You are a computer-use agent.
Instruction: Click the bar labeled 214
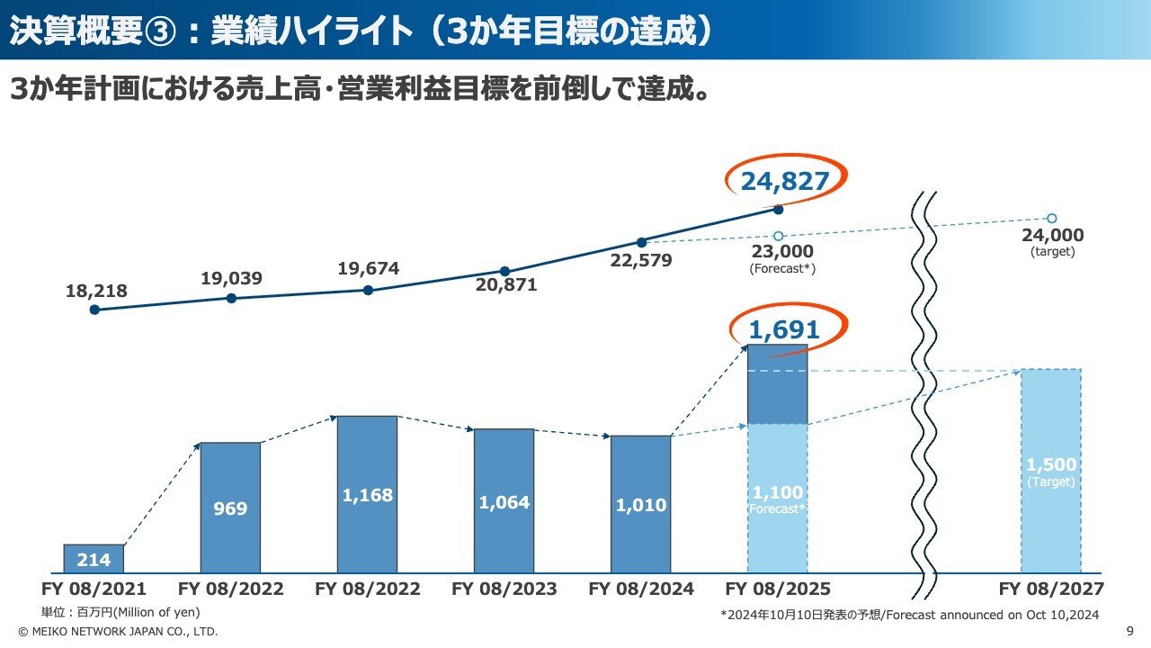click(x=94, y=559)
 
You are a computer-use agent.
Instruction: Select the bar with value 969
click(x=230, y=508)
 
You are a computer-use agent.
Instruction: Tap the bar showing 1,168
click(x=367, y=494)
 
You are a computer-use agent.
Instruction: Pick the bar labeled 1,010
click(x=640, y=504)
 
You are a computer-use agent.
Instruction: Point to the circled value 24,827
click(x=784, y=182)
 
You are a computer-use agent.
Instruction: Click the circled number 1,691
click(x=784, y=330)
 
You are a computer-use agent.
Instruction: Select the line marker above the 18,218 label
click(x=94, y=310)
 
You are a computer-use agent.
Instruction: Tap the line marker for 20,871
click(x=504, y=271)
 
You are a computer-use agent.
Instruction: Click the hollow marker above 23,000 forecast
click(x=778, y=236)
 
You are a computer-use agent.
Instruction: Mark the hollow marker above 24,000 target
click(x=1051, y=219)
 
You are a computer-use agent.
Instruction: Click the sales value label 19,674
click(x=369, y=268)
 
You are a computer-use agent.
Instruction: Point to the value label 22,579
click(x=641, y=261)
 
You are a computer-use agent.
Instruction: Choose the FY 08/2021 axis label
click(x=94, y=589)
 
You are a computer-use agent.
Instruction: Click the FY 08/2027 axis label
click(x=1051, y=589)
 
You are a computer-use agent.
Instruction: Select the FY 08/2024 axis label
click(x=640, y=589)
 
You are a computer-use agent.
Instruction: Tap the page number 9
click(x=1129, y=632)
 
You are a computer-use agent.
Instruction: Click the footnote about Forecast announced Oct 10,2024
click(x=909, y=615)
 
